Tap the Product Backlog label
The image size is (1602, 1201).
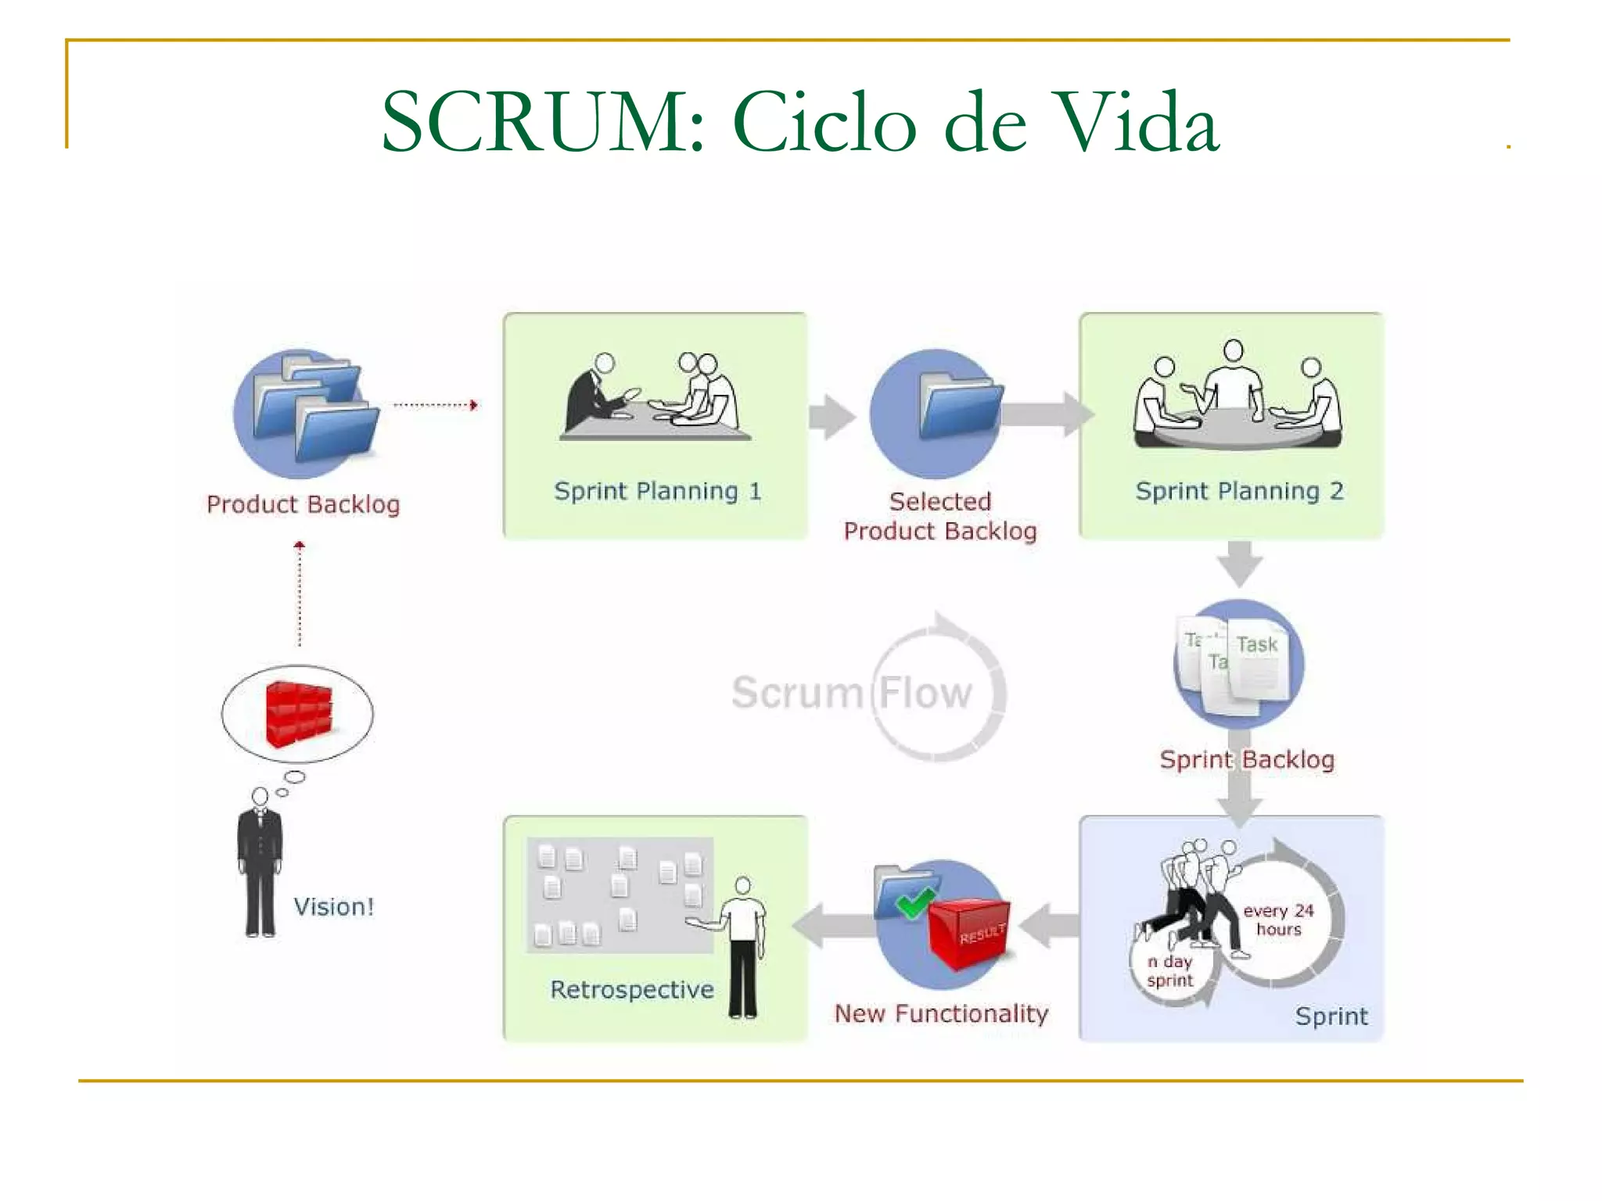[304, 504]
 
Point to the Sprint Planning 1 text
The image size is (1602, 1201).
[657, 491]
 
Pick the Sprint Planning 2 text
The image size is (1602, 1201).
[1239, 491]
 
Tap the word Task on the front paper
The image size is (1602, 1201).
[1257, 645]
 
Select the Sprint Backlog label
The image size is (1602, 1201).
[1247, 759]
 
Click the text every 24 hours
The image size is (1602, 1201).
[1279, 920]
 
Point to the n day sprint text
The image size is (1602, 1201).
[1170, 971]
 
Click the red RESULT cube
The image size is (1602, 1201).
[968, 934]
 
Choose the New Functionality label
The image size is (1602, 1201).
[941, 1013]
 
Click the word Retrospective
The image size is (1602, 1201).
[632, 990]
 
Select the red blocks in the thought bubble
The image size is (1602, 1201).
[298, 714]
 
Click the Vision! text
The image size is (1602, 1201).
[334, 907]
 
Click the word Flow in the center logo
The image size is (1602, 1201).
[925, 693]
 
